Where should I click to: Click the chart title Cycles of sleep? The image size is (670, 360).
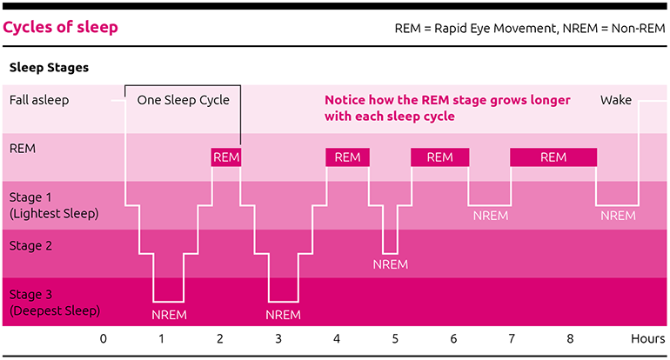coord(60,27)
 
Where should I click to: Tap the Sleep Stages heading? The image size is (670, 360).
coord(49,68)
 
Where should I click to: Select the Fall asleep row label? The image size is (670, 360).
coord(39,100)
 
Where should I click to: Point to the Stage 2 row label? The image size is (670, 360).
coord(30,246)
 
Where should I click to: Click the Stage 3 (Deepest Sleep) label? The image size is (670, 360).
coord(55,303)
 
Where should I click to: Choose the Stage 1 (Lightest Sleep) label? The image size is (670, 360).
coord(54,205)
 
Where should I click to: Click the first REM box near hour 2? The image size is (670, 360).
coord(226,157)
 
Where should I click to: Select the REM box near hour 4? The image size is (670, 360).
coord(347,157)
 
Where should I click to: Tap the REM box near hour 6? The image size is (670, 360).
coord(439,157)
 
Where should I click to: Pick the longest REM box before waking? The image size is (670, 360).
coord(553,157)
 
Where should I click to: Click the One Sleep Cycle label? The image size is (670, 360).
coord(184,100)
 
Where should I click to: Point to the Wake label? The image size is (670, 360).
coord(616,100)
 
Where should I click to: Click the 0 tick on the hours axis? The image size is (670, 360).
coord(104,338)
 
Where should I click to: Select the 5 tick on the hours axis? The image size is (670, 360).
coord(395,338)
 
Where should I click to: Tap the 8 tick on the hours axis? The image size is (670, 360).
coord(570,338)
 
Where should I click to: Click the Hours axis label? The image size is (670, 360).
coord(647,338)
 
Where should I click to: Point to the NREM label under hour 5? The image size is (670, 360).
coord(391,264)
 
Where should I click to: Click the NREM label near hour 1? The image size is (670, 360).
coord(169,315)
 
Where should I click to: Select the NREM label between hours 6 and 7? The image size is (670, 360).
coord(491,216)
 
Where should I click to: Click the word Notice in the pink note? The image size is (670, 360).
coord(345,100)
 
